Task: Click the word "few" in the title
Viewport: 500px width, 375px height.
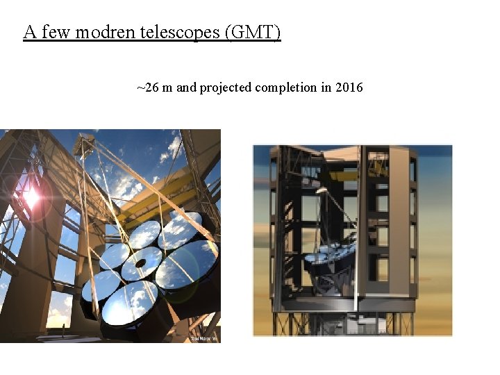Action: (x=55, y=32)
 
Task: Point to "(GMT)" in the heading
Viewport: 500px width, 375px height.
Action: (x=253, y=32)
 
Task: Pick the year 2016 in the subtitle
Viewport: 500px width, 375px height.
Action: (x=349, y=88)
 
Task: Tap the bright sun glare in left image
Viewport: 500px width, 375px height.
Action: (x=31, y=197)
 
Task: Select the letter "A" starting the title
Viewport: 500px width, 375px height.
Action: (x=29, y=32)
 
